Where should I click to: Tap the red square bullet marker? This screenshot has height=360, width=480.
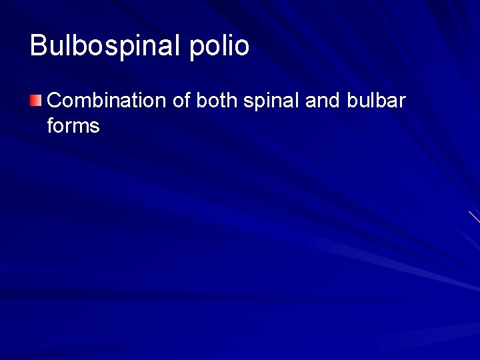point(36,101)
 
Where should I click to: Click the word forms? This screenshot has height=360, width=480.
point(73,125)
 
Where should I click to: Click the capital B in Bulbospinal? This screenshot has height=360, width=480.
point(39,45)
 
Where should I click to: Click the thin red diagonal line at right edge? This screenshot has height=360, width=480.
point(474,217)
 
